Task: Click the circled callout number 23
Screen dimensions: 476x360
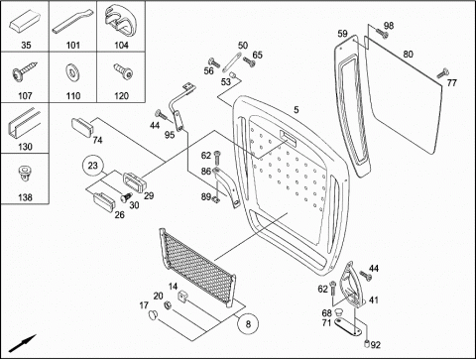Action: click(93, 165)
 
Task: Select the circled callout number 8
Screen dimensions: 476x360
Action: click(248, 323)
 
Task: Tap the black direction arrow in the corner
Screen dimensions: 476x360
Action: click(22, 343)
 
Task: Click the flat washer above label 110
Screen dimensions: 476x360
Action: click(72, 72)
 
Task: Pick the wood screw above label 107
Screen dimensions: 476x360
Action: click(24, 71)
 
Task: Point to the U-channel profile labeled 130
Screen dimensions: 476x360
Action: click(24, 124)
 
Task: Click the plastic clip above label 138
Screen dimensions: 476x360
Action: click(24, 175)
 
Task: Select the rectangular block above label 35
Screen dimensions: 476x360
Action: click(25, 22)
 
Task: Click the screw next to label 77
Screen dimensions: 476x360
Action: click(442, 73)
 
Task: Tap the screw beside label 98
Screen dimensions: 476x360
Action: click(382, 33)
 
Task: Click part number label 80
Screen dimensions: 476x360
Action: click(408, 54)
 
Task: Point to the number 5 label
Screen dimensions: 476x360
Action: click(297, 109)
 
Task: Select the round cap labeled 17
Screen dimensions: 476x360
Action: click(152, 314)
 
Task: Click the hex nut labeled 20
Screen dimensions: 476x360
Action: click(168, 305)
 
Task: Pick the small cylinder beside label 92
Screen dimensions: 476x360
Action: click(366, 343)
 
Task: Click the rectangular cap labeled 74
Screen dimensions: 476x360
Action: click(81, 127)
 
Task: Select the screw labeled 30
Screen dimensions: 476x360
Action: click(125, 197)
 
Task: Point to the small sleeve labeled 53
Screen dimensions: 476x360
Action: click(234, 75)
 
